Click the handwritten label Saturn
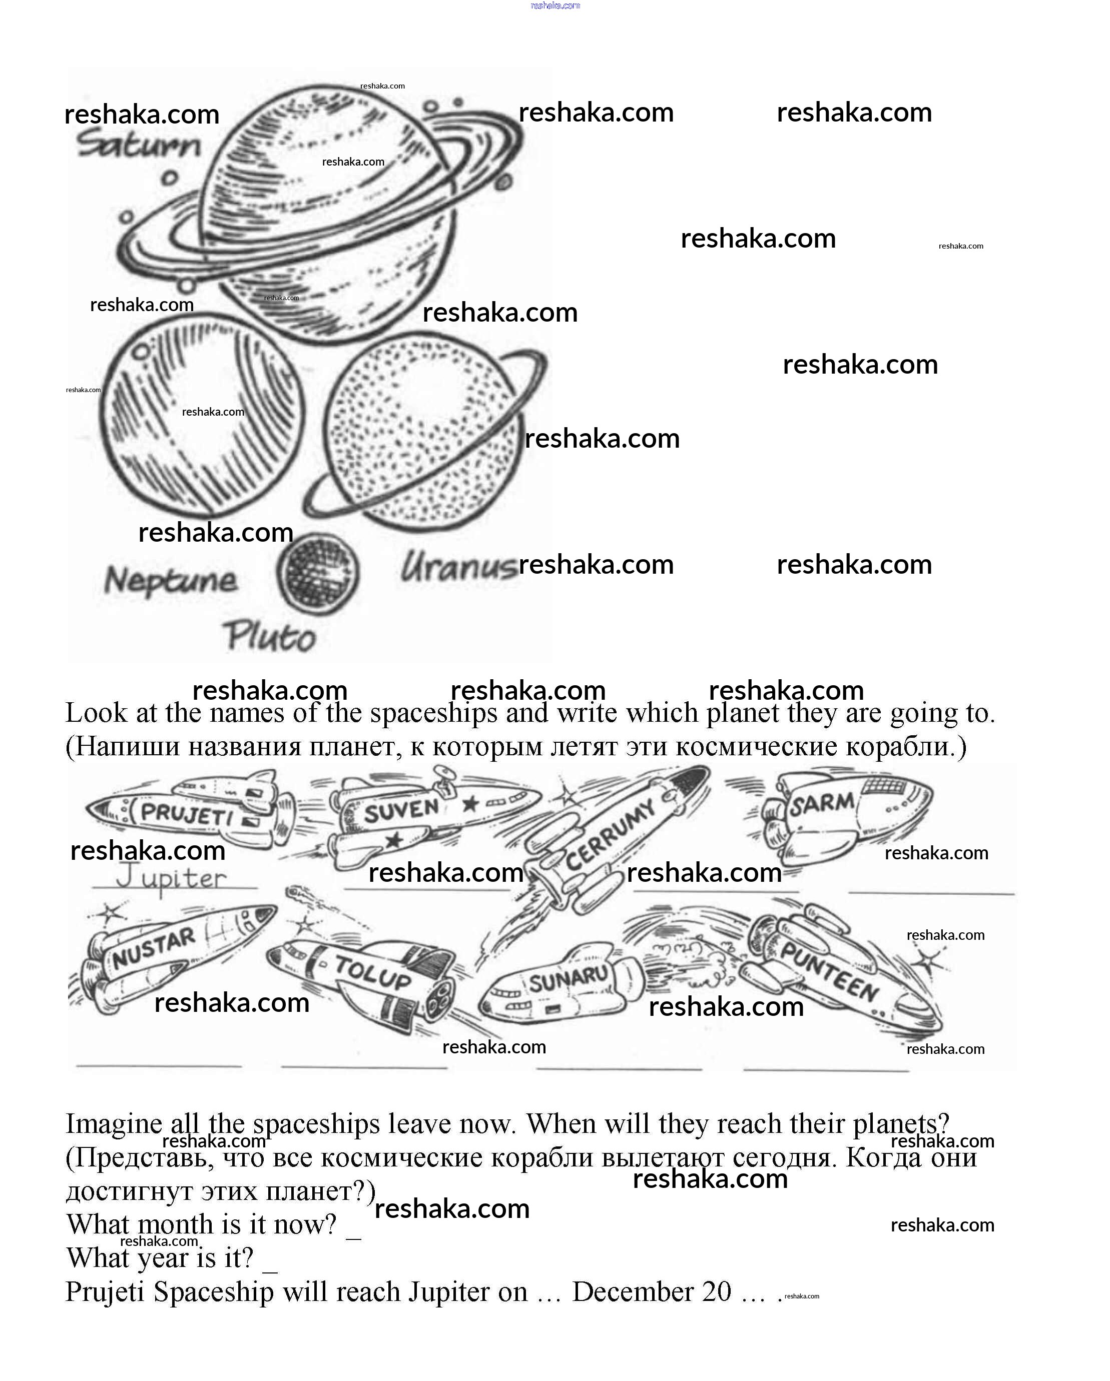pyautogui.click(x=139, y=145)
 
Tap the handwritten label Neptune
pyautogui.click(x=171, y=580)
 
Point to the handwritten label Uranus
pyautogui.click(x=457, y=568)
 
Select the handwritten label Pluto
pyautogui.click(x=270, y=637)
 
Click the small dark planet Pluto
pyautogui.click(x=318, y=574)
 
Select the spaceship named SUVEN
pyautogui.click(x=429, y=817)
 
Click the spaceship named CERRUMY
pyautogui.click(x=612, y=833)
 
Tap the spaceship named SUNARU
pyautogui.click(x=564, y=983)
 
